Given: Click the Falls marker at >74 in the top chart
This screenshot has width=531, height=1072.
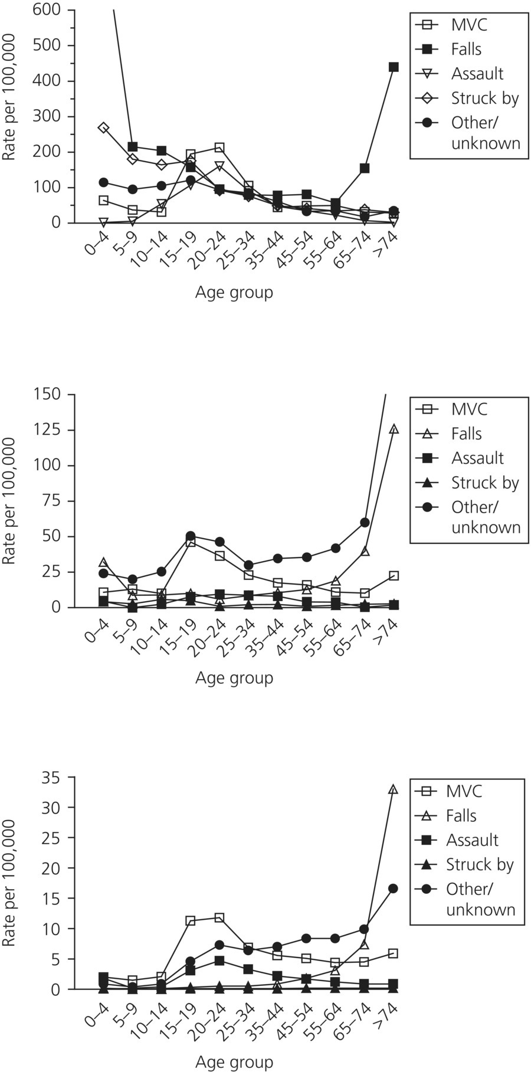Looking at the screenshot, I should [394, 67].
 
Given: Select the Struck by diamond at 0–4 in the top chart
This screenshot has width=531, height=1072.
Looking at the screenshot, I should [104, 128].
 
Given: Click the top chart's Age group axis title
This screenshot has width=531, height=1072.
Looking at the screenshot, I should [234, 293].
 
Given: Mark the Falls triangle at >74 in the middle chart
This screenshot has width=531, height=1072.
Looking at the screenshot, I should [394, 429].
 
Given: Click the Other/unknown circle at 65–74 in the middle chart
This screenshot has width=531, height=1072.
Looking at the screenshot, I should [365, 522].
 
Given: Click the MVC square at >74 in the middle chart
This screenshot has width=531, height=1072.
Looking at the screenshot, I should [394, 575].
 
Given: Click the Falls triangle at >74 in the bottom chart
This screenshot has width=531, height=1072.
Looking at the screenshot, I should [394, 789].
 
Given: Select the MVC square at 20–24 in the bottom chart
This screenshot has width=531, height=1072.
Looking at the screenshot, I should [219, 917].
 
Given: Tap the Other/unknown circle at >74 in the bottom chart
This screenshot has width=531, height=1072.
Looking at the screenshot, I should [394, 888].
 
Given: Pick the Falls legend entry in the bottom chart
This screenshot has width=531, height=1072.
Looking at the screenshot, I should [461, 816].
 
